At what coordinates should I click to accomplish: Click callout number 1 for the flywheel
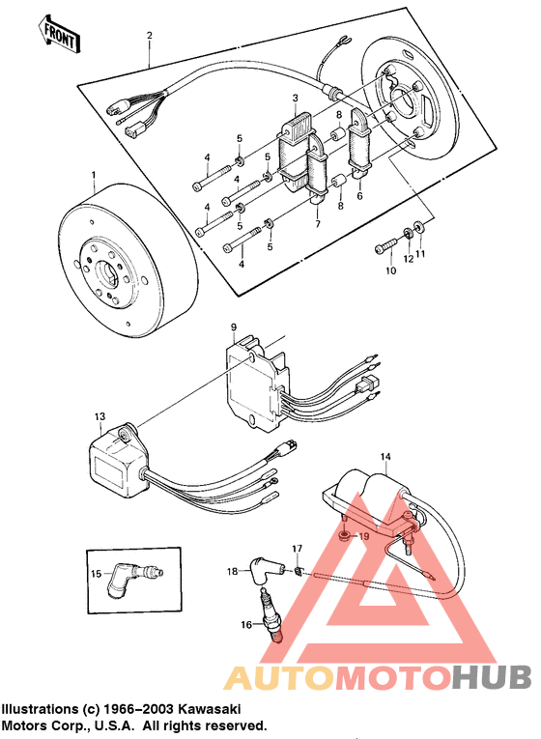[x=93, y=176]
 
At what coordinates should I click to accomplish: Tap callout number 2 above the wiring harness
[x=149, y=37]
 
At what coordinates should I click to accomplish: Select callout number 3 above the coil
[x=295, y=99]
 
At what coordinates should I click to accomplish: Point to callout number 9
[x=234, y=328]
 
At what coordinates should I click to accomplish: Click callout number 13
[x=99, y=416]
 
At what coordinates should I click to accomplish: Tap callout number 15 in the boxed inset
[x=95, y=574]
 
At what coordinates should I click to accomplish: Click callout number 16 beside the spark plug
[x=246, y=625]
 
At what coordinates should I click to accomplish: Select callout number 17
[x=298, y=549]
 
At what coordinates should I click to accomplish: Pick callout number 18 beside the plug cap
[x=232, y=572]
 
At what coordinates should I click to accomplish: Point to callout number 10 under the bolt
[x=391, y=272]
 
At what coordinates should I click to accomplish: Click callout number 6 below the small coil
[x=359, y=195]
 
